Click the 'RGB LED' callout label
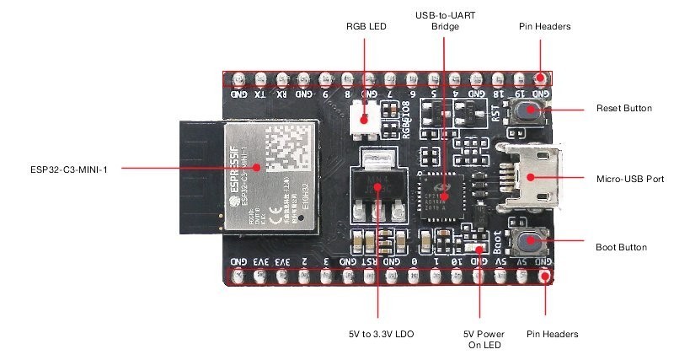point(366,26)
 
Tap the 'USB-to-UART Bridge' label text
point(444,21)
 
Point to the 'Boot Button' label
point(621,247)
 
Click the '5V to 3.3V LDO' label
point(379,334)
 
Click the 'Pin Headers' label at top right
point(545,26)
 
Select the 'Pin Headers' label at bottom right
point(553,334)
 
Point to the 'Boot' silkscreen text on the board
point(498,243)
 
